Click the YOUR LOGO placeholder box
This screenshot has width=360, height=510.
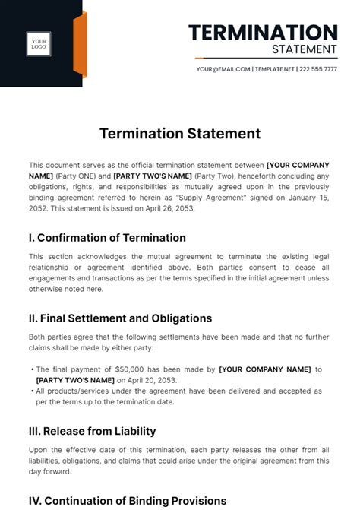(x=39, y=44)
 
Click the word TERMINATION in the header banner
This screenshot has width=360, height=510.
(x=263, y=33)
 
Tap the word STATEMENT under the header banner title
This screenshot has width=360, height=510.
(x=304, y=49)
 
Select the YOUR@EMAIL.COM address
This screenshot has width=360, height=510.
(x=223, y=69)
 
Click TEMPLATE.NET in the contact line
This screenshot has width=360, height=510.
(x=276, y=69)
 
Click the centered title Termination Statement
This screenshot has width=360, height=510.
(x=180, y=134)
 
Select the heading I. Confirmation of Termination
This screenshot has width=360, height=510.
(x=107, y=237)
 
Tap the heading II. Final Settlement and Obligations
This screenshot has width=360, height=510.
(x=120, y=318)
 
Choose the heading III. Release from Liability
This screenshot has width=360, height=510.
(x=92, y=431)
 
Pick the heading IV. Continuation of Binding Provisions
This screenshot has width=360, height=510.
(x=128, y=501)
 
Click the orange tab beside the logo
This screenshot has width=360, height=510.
(x=80, y=45)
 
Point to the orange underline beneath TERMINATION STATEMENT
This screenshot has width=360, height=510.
(x=266, y=59)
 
